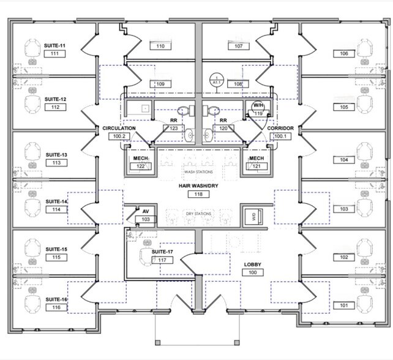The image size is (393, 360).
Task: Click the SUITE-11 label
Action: [x=55, y=45]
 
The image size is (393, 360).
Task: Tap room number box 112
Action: [x=55, y=107]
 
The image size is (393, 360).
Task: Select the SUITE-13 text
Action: [x=55, y=155]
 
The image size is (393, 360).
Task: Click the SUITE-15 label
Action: [x=56, y=249]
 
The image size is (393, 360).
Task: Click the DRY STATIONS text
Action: [x=198, y=213]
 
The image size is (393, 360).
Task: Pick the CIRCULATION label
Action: [x=119, y=128]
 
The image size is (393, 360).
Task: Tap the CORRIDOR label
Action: [x=280, y=128]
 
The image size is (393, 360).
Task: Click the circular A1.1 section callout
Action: [x=215, y=80]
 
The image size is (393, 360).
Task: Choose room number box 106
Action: [x=344, y=54]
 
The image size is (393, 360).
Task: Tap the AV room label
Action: [x=146, y=211]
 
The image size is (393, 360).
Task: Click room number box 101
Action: [x=343, y=305]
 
